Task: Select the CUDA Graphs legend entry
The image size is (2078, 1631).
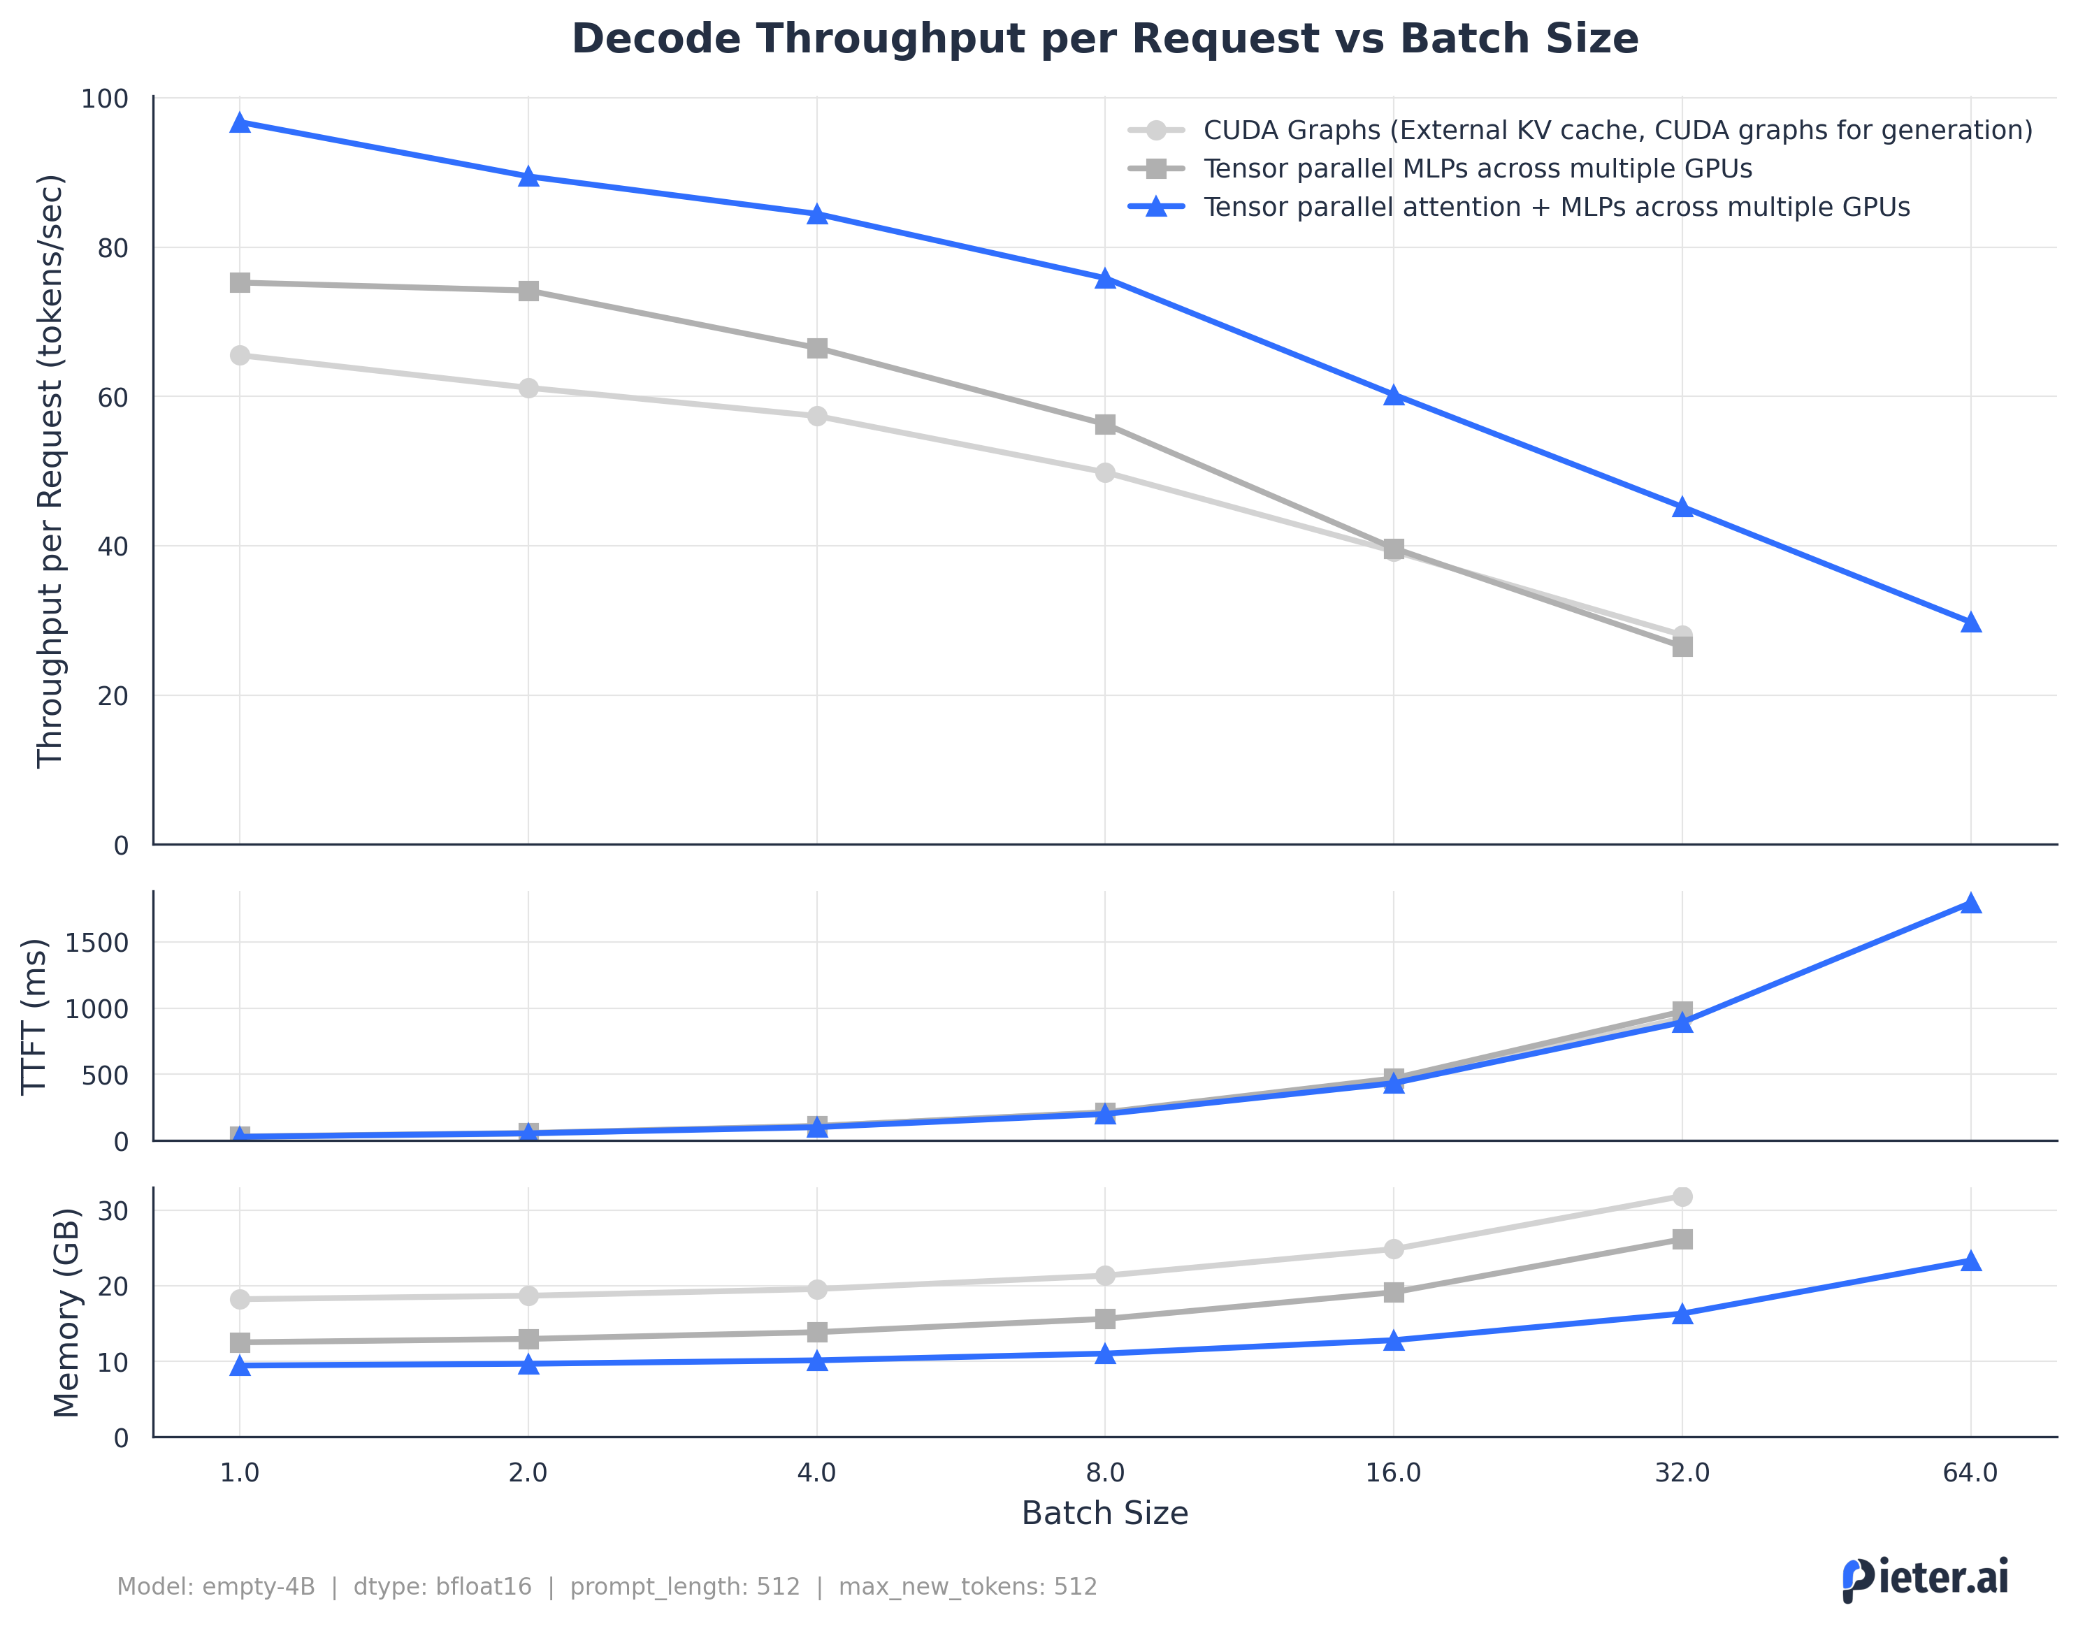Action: pyautogui.click(x=1617, y=130)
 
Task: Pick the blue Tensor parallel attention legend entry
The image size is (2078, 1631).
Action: pyautogui.click(x=1556, y=208)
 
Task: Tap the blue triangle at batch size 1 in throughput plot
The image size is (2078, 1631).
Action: pyautogui.click(x=240, y=122)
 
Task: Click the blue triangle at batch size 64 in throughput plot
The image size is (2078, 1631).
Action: pyautogui.click(x=1970, y=623)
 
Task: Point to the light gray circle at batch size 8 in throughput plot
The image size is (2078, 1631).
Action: pyautogui.click(x=1105, y=472)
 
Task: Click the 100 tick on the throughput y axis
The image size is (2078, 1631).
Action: pyautogui.click(x=105, y=99)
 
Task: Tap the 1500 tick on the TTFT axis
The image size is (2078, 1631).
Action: pyautogui.click(x=96, y=943)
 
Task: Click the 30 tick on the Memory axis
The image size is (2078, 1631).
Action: pyautogui.click(x=113, y=1211)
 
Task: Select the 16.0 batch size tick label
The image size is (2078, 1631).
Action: pyautogui.click(x=1392, y=1472)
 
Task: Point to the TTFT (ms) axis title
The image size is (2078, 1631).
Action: pyautogui.click(x=34, y=1015)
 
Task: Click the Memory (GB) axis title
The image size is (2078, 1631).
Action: pyautogui.click(x=66, y=1312)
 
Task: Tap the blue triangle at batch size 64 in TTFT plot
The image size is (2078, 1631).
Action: pyautogui.click(x=1970, y=904)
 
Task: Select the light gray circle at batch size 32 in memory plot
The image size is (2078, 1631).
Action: pyautogui.click(x=1682, y=1196)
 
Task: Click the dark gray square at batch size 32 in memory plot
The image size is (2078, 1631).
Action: pyautogui.click(x=1682, y=1240)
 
